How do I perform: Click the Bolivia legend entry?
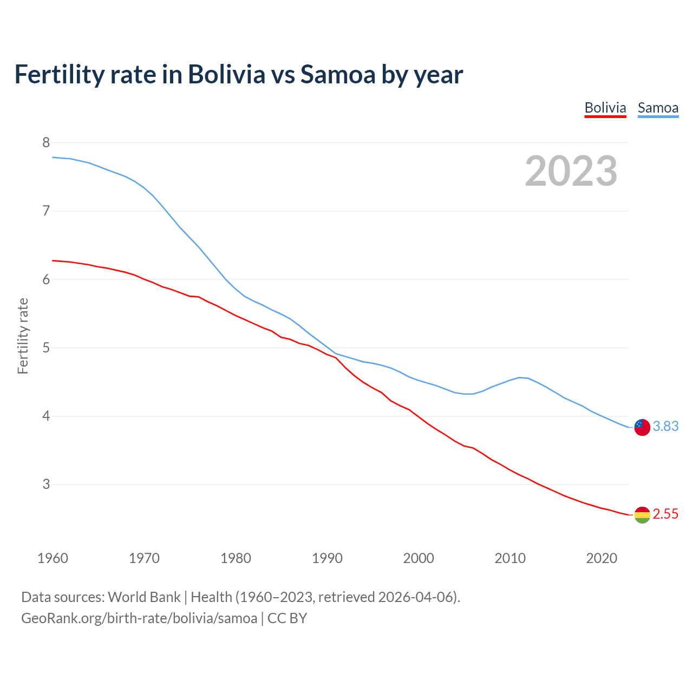coord(605,108)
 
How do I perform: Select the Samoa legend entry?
coord(658,108)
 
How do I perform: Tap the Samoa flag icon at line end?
coord(642,427)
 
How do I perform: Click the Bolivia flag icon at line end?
coord(642,515)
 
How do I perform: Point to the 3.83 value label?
coord(665,427)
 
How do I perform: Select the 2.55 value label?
coord(665,514)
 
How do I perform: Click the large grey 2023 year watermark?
coord(571,171)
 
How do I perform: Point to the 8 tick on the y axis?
coord(46,143)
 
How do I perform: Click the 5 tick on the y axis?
coord(46,348)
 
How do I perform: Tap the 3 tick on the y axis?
coord(46,485)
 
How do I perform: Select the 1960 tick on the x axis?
coord(53,558)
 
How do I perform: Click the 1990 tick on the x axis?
coord(327,558)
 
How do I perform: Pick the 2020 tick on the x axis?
coord(602,558)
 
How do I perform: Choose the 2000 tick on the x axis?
coord(419,558)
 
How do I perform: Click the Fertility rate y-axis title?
coord(23,336)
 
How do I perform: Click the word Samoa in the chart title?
coord(338,75)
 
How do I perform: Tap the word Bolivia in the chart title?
coord(226,75)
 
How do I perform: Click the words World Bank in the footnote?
coord(144,597)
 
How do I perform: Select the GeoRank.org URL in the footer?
coord(139,618)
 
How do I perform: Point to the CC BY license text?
coord(287,618)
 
